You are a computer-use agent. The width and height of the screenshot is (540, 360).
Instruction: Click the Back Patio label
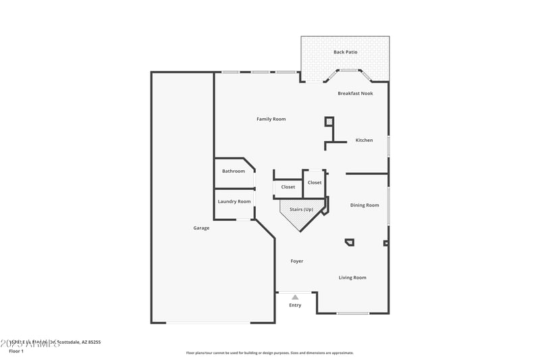coord(345,52)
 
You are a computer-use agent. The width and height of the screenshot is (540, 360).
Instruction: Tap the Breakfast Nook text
coord(355,93)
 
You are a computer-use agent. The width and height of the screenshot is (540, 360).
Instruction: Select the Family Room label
coord(271,119)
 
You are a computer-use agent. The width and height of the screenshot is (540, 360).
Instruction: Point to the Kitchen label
coord(364,140)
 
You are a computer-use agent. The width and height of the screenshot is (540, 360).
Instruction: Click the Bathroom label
coord(234,171)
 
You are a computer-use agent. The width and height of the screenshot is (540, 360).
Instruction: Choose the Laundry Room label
coord(234,201)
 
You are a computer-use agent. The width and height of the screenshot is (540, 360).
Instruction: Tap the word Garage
coord(201,228)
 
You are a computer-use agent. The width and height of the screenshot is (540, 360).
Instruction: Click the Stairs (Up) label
coord(301,210)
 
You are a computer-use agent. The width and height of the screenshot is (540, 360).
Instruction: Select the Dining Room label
coord(364,205)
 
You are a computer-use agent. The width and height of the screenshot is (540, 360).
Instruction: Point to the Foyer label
coord(297,261)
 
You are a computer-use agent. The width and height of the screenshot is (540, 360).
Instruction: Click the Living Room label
coord(352,278)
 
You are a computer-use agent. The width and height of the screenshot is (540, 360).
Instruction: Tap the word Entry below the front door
coord(296,305)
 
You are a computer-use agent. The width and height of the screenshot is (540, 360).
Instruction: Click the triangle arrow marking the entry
coord(295,297)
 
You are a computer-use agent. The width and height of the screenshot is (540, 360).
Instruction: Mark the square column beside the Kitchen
coord(329,122)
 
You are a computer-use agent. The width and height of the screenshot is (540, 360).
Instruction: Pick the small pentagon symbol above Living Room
coord(349,242)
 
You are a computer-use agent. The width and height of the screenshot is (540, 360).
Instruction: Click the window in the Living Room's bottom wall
coord(353,313)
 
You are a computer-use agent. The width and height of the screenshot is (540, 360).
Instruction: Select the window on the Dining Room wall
coord(388,204)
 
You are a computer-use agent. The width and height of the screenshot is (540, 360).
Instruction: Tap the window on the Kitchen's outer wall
coord(388,147)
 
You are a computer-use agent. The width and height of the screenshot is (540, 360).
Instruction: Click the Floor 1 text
coord(16,351)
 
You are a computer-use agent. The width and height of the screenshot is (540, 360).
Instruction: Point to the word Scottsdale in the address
coord(70,342)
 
